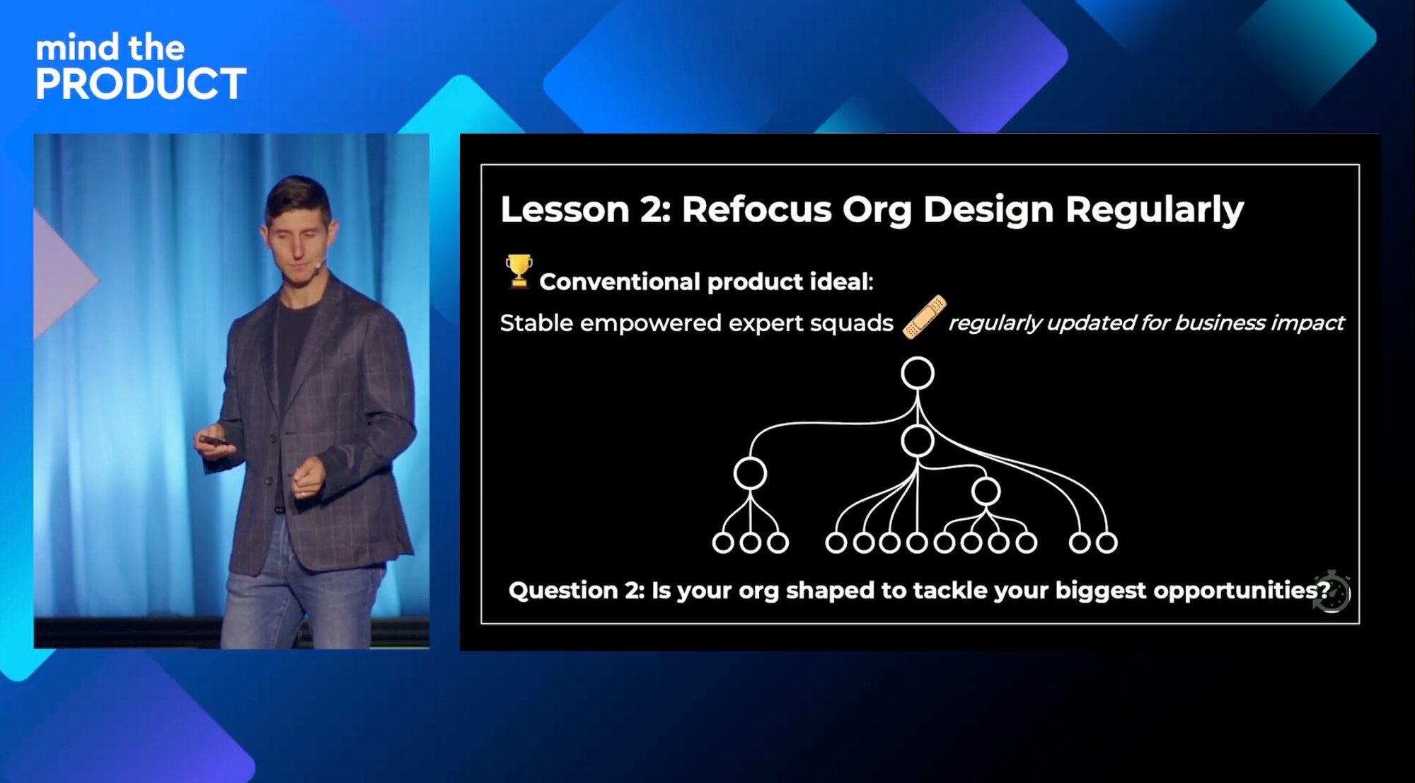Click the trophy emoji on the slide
(519, 272)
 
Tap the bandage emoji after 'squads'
(924, 317)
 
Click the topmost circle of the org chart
(918, 373)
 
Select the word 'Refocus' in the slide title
(756, 209)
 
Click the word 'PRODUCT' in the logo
(141, 83)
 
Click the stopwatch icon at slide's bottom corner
(1332, 591)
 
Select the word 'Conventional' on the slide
(620, 282)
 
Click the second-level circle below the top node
(918, 441)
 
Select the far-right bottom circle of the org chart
(1107, 543)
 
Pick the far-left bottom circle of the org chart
(722, 543)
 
